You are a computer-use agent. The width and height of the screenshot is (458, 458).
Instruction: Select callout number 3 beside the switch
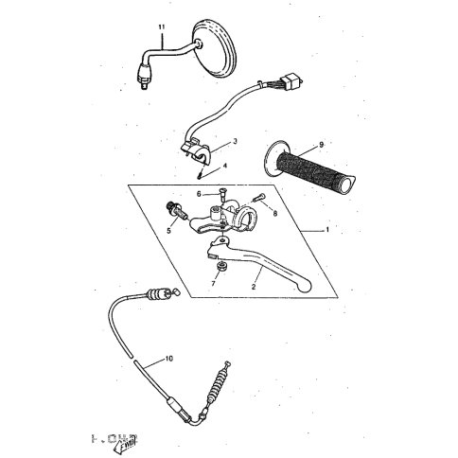coord(236,141)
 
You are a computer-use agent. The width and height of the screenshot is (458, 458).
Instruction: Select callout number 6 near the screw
coord(200,194)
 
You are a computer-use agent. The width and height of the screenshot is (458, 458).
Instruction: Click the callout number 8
coord(274,215)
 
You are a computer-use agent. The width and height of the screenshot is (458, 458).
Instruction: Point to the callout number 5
coord(170,230)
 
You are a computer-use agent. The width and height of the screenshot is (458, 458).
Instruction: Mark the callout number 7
coord(214,282)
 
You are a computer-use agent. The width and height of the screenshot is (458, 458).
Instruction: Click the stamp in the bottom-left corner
coord(113,438)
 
